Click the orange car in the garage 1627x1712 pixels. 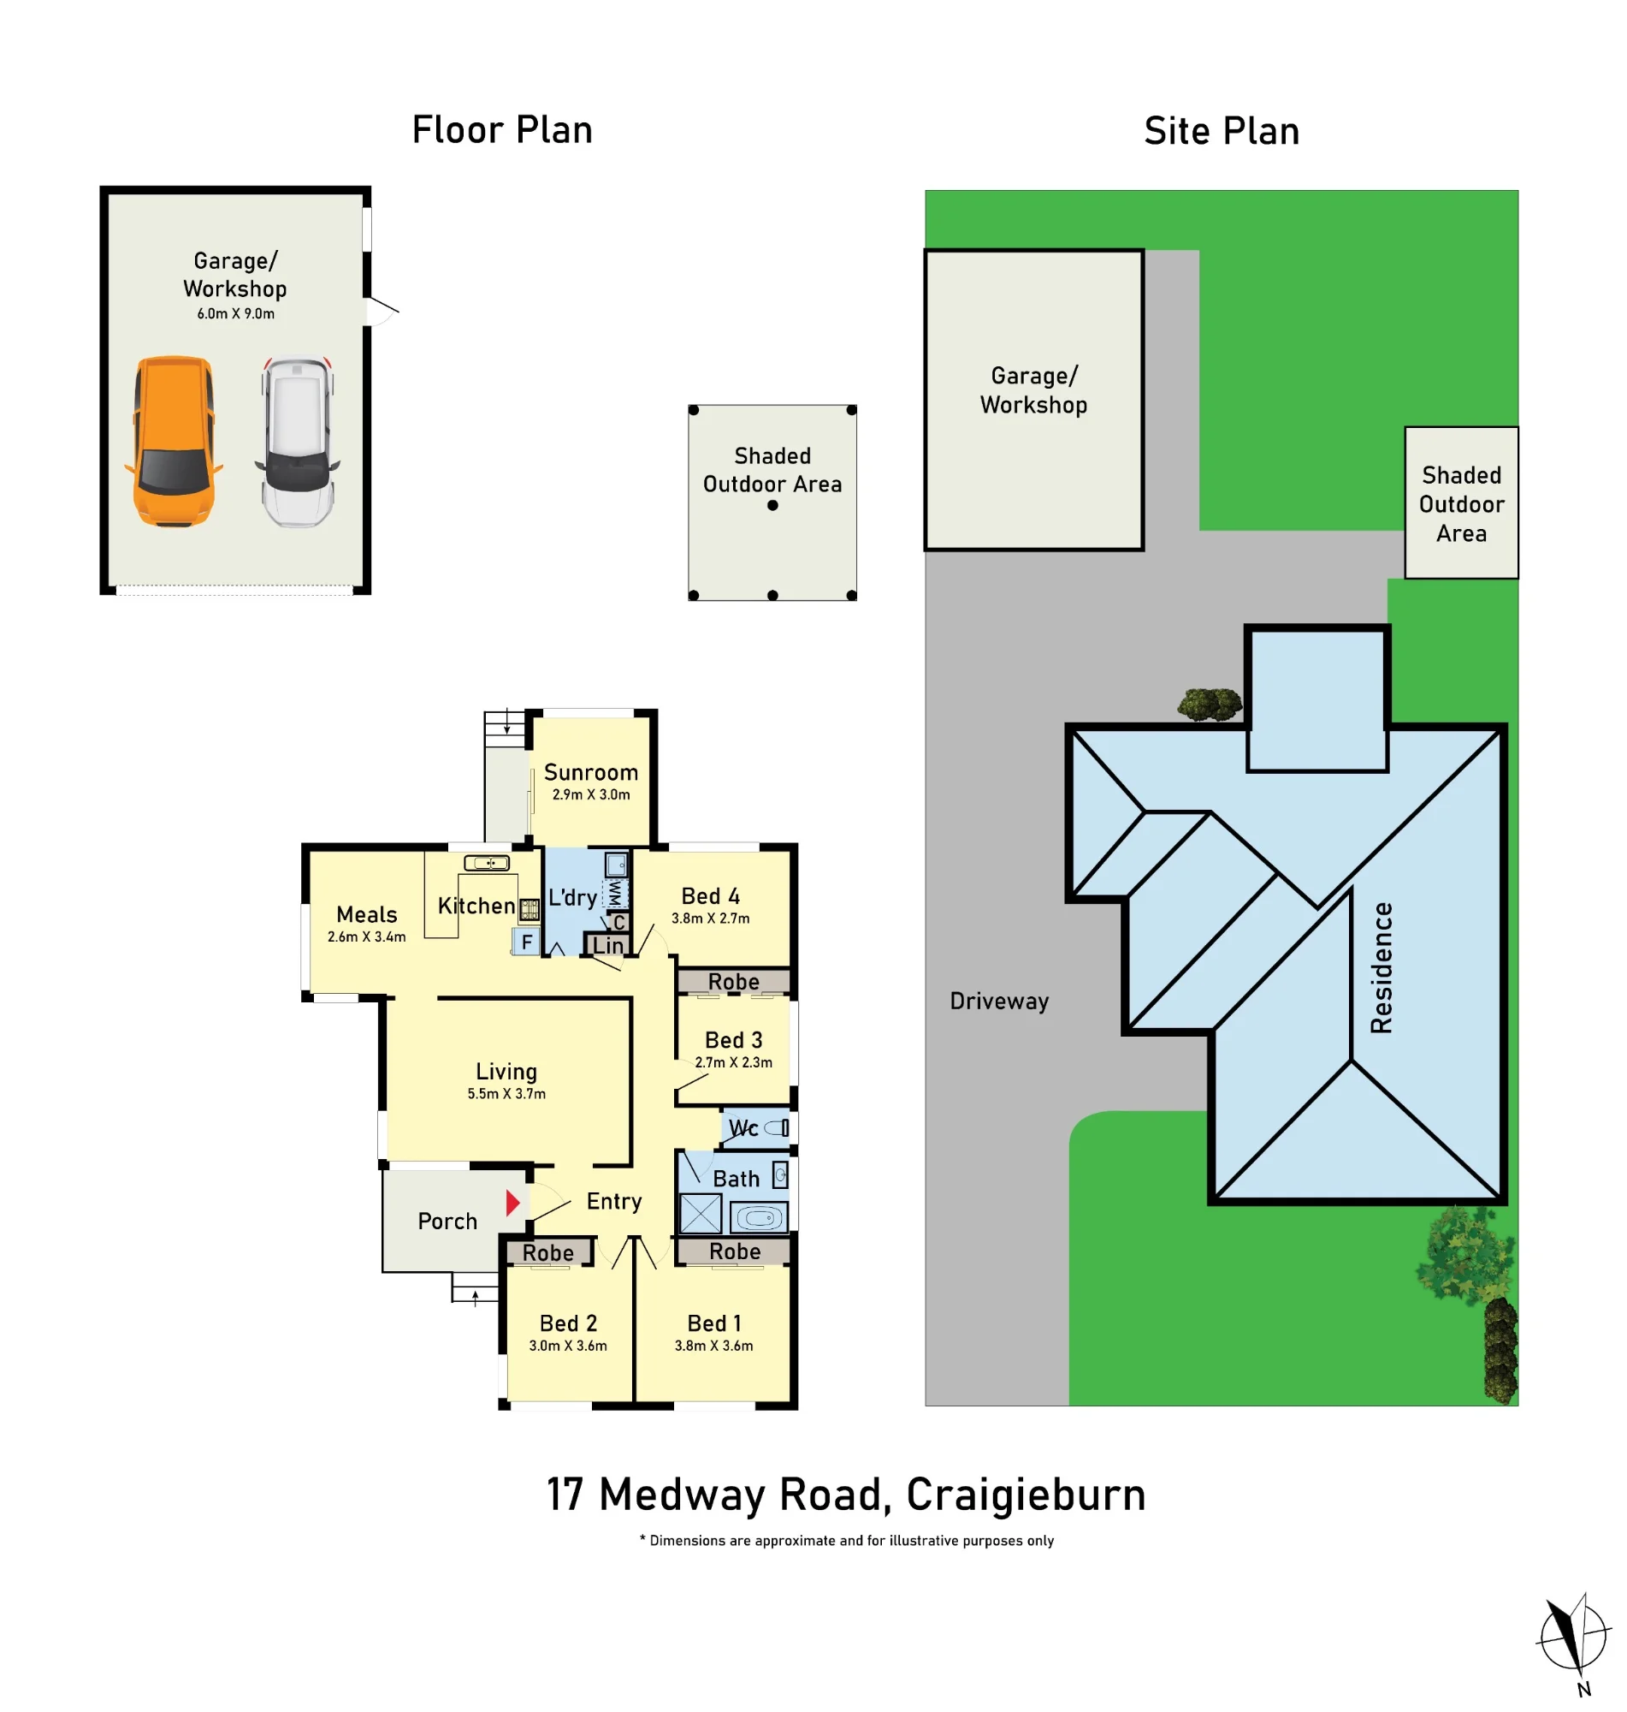(x=174, y=441)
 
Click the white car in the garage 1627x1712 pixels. (x=298, y=441)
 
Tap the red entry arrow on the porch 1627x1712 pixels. (x=512, y=1203)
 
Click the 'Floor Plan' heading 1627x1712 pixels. (x=502, y=130)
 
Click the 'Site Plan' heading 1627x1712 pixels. (x=1222, y=131)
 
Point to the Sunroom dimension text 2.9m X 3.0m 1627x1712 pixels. (x=590, y=794)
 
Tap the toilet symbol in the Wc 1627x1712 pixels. (x=776, y=1128)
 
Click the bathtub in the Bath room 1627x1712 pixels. (x=759, y=1218)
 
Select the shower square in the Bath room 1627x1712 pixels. (x=701, y=1213)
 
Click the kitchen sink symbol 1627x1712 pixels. (x=487, y=863)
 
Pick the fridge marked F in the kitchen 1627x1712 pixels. (x=525, y=942)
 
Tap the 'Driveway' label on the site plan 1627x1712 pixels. (x=999, y=1002)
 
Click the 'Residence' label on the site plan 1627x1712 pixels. (x=1381, y=967)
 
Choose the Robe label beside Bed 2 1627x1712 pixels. (x=548, y=1253)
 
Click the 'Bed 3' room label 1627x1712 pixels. (x=734, y=1039)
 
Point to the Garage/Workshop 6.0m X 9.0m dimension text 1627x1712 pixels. (x=236, y=313)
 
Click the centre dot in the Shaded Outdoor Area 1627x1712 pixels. (x=772, y=505)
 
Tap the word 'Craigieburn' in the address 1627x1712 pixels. (x=1026, y=1495)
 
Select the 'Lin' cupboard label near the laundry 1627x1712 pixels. (x=608, y=945)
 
